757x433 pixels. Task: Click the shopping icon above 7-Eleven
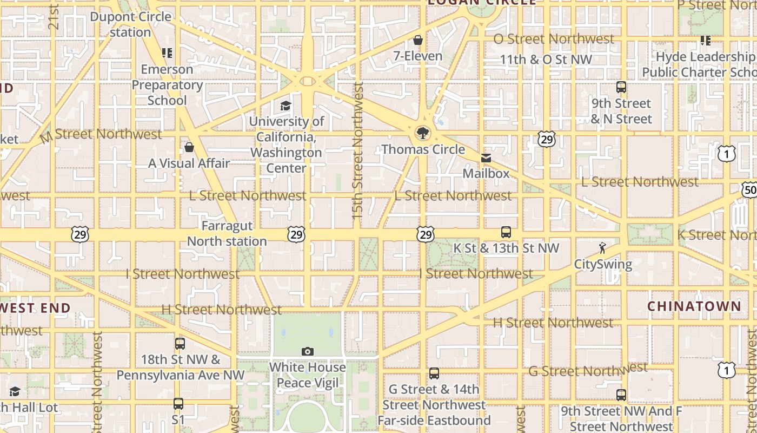(417, 40)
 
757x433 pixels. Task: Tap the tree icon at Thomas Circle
(422, 133)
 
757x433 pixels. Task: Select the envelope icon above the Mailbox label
(486, 158)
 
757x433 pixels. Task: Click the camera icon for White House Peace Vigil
(308, 352)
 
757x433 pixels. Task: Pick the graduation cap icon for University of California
(285, 106)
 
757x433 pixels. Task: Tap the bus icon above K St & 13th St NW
(506, 232)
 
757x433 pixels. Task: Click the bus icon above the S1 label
(178, 404)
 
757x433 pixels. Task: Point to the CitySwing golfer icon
(602, 248)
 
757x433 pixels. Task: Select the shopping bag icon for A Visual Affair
(189, 147)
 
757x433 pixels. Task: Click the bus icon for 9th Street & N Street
(621, 87)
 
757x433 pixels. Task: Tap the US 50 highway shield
(749, 189)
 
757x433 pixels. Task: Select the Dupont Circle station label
(131, 24)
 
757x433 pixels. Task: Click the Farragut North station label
(227, 233)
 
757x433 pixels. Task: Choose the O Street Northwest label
(554, 39)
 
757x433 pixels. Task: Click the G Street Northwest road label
(588, 370)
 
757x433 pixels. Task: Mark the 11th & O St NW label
(546, 60)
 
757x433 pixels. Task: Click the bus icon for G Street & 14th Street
(434, 373)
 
